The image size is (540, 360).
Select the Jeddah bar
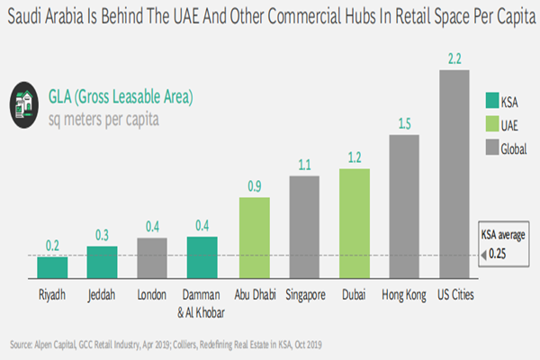point(103,262)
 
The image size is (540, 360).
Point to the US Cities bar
point(455,175)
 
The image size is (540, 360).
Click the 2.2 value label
point(455,58)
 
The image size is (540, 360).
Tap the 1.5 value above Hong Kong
point(406,123)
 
